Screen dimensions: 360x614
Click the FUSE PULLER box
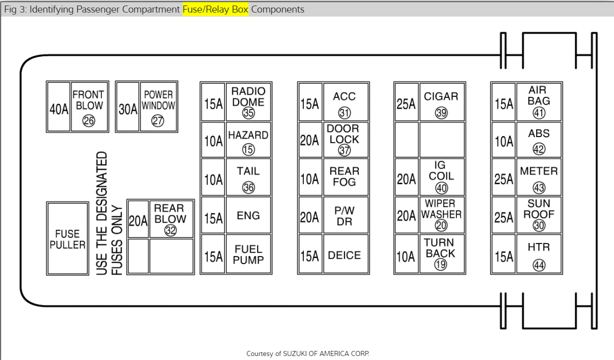tap(67, 239)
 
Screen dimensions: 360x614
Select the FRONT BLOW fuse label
tap(89, 100)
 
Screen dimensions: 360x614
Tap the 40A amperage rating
tap(58, 109)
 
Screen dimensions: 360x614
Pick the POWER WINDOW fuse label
tap(158, 100)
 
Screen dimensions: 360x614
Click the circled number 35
tap(249, 113)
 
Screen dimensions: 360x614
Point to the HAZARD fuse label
tap(248, 135)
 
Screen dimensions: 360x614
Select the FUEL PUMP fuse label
tap(248, 255)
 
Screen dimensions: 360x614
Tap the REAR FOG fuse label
tap(344, 176)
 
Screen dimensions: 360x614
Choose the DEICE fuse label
tap(344, 255)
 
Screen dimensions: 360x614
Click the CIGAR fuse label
tap(441, 96)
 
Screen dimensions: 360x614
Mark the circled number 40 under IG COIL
tap(441, 188)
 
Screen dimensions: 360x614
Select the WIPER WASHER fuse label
tap(441, 209)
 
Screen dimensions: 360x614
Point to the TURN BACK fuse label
tap(440, 248)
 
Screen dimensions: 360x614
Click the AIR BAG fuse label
tap(539, 95)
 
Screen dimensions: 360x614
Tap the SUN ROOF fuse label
tap(539, 209)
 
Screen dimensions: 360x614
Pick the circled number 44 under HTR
tap(539, 265)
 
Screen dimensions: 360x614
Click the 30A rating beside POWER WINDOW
tap(128, 109)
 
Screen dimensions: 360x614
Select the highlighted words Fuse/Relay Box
tap(215, 10)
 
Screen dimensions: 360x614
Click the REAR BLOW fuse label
tap(170, 213)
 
